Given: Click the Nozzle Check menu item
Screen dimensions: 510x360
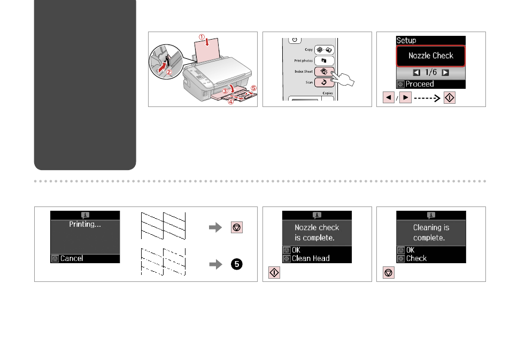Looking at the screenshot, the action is pyautogui.click(x=431, y=56).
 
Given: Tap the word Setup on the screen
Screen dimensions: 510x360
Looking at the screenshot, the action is pyautogui.click(x=406, y=40).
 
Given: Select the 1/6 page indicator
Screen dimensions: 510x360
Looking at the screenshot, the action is pyautogui.click(x=431, y=72).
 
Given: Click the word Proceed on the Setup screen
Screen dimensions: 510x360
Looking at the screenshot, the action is pyautogui.click(x=420, y=84).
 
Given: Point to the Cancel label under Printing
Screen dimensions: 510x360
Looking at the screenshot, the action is pyautogui.click(x=72, y=258).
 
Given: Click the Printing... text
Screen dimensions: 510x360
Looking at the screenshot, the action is pyautogui.click(x=85, y=224).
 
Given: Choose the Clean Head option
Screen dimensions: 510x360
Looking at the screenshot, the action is pyautogui.click(x=311, y=258).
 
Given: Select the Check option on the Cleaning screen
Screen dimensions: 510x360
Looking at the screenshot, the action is pyautogui.click(x=416, y=258).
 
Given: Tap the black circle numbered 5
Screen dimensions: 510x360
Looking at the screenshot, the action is pyautogui.click(x=237, y=264).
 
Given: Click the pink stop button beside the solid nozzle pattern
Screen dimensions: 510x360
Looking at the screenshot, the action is pyautogui.click(x=237, y=227).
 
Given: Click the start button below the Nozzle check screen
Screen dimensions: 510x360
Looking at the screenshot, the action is pyautogui.click(x=274, y=272).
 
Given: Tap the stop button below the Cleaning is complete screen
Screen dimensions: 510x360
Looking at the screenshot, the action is pyautogui.click(x=388, y=272).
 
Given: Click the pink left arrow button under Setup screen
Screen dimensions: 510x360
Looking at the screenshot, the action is pyautogui.click(x=388, y=97).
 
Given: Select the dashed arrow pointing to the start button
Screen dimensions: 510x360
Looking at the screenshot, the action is pyautogui.click(x=427, y=98).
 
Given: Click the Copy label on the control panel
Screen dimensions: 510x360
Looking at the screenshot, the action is pyautogui.click(x=308, y=49).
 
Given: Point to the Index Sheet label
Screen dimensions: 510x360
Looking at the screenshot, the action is pyautogui.click(x=304, y=71).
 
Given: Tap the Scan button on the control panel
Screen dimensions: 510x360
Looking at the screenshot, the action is pyautogui.click(x=324, y=82).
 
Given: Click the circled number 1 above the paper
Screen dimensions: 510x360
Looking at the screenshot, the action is pyautogui.click(x=202, y=37).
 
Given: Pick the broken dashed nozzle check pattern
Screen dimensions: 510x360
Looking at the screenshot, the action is pyautogui.click(x=163, y=262).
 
